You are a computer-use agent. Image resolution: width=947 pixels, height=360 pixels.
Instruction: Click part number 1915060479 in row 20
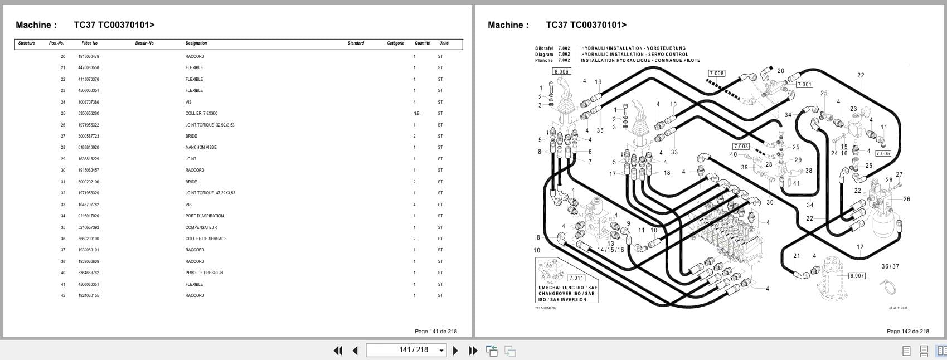click(89, 56)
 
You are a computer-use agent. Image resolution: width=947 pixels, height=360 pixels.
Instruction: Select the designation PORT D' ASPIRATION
click(205, 216)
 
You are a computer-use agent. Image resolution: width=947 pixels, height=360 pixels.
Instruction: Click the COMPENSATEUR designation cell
click(201, 227)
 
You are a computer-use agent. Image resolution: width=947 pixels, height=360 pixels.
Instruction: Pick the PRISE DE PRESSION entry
click(204, 273)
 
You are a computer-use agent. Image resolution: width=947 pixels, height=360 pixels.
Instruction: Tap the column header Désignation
click(196, 43)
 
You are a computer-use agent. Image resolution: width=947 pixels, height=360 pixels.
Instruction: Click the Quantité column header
click(422, 43)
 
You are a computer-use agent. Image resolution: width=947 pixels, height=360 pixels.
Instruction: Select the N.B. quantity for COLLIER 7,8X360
click(416, 113)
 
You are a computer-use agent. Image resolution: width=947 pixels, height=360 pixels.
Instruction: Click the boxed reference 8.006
click(561, 71)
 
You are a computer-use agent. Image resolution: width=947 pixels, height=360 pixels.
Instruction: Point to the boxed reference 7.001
click(804, 84)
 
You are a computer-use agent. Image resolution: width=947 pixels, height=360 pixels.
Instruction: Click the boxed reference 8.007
click(857, 275)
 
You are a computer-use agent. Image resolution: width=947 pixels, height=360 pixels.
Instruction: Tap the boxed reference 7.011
click(576, 278)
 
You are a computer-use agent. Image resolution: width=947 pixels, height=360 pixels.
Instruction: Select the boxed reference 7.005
click(883, 153)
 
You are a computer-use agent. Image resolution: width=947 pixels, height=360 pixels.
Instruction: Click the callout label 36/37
click(890, 266)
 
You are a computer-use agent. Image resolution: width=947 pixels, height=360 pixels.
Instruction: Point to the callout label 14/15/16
click(611, 250)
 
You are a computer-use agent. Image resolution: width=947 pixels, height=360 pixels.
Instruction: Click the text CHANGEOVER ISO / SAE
click(566, 293)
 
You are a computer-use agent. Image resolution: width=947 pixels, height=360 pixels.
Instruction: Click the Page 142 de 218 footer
click(907, 331)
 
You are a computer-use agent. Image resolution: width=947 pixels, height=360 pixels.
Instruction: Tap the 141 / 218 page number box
click(406, 350)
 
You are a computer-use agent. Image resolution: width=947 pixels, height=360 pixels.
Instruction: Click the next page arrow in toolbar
click(455, 351)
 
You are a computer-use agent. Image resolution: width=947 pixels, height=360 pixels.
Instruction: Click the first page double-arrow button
click(338, 351)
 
